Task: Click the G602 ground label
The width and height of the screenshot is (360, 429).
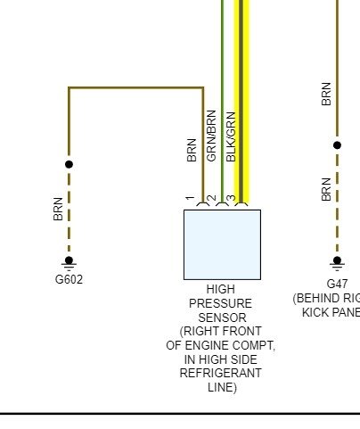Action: tap(69, 279)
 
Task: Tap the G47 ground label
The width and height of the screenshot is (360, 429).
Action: tap(337, 284)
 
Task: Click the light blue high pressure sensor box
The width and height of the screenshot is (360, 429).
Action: tap(222, 244)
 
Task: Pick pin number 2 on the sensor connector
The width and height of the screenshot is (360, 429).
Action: tap(211, 198)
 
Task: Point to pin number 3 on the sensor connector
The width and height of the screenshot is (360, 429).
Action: tap(231, 198)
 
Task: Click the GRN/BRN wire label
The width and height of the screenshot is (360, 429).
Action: tap(211, 136)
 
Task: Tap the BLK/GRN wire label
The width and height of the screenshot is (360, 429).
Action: tap(231, 136)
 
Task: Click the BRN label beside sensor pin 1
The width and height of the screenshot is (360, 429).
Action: tap(192, 150)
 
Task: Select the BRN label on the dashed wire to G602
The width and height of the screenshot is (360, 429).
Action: tap(58, 209)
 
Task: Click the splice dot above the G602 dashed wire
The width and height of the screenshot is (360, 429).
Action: tap(69, 164)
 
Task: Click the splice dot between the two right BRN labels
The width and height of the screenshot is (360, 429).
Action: tap(337, 145)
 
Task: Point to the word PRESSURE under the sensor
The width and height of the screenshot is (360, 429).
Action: tap(220, 303)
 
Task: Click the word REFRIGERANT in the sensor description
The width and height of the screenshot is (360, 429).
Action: tap(220, 373)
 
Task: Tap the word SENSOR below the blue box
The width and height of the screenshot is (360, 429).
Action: tap(222, 318)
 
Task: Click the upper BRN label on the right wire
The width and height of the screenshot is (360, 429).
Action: tap(326, 94)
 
